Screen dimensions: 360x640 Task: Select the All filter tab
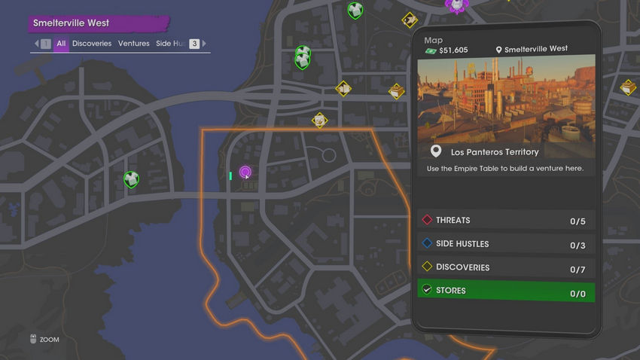(61, 44)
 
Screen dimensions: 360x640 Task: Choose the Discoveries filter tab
(92, 44)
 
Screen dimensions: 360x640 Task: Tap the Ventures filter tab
(134, 44)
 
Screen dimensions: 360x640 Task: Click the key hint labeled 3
(194, 44)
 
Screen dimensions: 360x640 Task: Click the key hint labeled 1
(46, 44)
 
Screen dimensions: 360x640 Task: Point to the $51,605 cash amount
(453, 50)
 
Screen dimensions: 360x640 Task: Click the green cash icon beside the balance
(431, 50)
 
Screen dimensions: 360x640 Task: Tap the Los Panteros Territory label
(494, 152)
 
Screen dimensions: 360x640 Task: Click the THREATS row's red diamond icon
(427, 221)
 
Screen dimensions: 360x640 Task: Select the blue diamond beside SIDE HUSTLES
(427, 244)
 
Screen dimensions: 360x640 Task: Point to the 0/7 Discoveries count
(578, 269)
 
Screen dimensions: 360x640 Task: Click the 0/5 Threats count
(578, 221)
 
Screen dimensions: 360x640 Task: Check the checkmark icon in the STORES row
(427, 290)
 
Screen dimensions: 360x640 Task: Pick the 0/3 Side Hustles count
(578, 246)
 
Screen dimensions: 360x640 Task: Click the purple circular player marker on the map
(245, 172)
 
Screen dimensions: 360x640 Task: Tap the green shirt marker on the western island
(131, 179)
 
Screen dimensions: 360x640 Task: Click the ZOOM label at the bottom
(49, 340)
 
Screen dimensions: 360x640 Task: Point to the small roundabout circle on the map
(328, 156)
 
